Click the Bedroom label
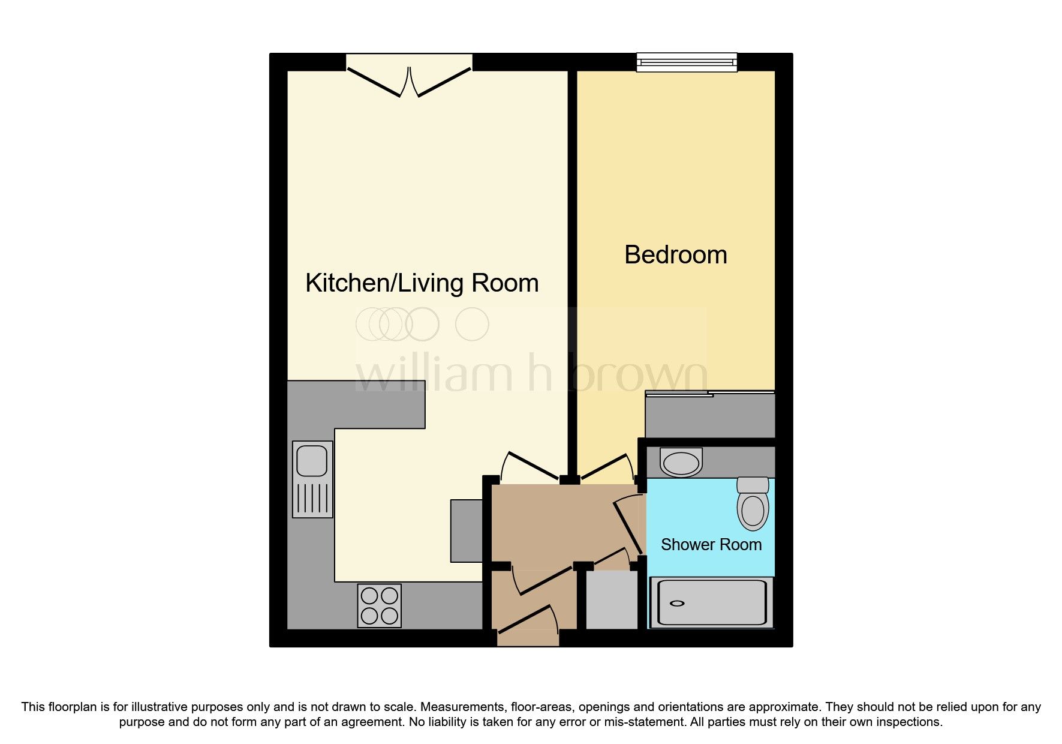[675, 255]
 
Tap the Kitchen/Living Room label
[422, 283]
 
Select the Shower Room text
[711, 545]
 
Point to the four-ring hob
[379, 605]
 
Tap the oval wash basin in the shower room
[681, 463]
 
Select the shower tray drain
[677, 604]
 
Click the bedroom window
[686, 61]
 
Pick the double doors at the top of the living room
[409, 82]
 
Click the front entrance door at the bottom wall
[528, 621]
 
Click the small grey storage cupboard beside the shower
[611, 600]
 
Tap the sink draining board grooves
[312, 497]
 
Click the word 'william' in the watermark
[434, 376]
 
